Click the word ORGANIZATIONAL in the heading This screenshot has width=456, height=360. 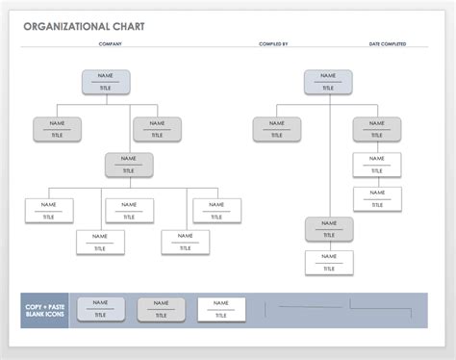[62, 26]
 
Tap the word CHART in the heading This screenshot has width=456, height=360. [128, 26]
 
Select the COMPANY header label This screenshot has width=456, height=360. [110, 44]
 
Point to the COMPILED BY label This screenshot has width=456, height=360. [273, 44]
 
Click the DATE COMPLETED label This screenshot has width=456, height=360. [387, 44]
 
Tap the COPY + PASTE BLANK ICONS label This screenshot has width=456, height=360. [44, 309]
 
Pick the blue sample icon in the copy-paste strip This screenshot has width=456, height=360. [100, 308]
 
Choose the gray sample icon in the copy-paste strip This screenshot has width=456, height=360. [161, 308]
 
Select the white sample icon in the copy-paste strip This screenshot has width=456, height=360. [221, 308]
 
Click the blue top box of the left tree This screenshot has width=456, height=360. [105, 82]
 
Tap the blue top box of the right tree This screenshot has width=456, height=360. [328, 82]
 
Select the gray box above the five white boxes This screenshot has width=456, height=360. [129, 165]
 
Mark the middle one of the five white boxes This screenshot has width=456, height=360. [129, 210]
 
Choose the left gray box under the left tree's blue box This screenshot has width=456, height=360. [57, 129]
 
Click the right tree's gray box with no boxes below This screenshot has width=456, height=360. [278, 129]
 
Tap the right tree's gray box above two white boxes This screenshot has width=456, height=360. [376, 129]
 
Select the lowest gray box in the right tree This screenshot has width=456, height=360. [328, 229]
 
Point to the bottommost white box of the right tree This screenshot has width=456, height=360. [328, 262]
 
